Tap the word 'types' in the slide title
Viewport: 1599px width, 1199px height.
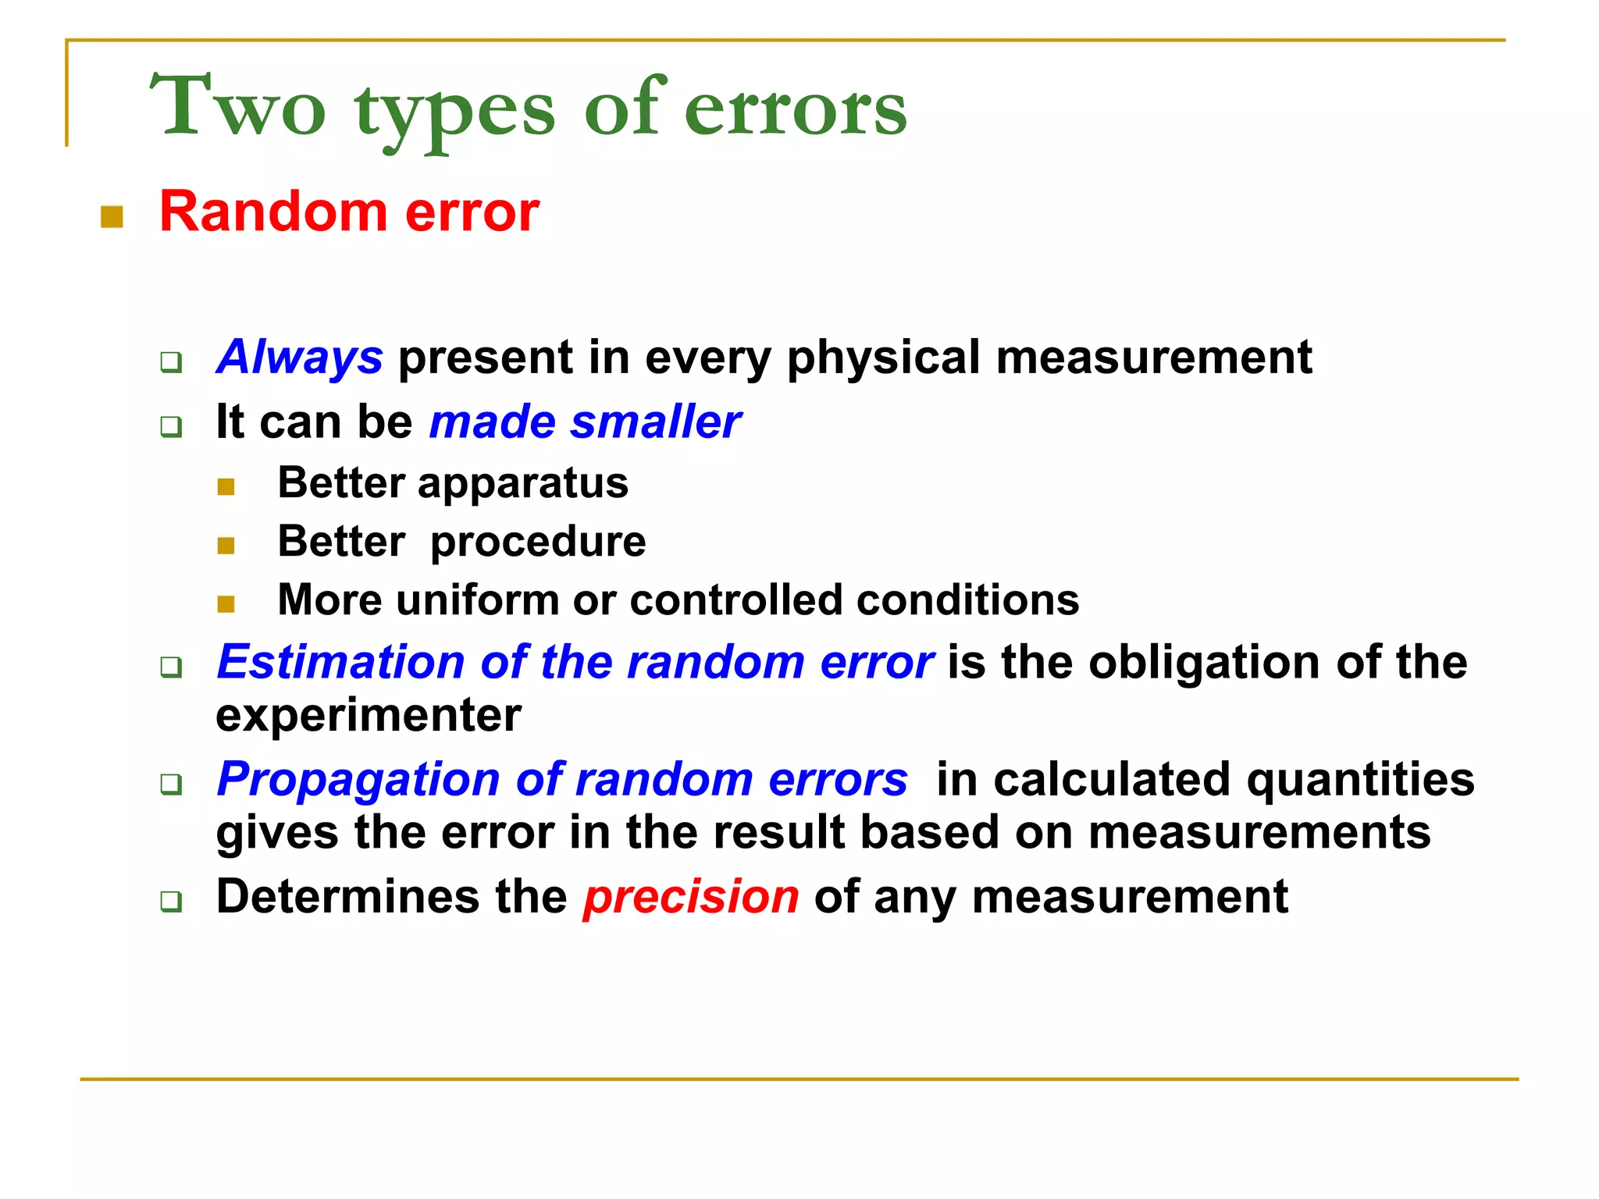(x=455, y=113)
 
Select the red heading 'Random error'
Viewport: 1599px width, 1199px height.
(x=349, y=212)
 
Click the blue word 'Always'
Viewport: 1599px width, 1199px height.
(x=300, y=358)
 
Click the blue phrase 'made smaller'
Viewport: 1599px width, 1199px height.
(x=585, y=422)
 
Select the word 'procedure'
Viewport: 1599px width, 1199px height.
(x=538, y=542)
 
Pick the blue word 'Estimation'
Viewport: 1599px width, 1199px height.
(x=341, y=663)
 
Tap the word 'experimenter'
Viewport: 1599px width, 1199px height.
(x=369, y=716)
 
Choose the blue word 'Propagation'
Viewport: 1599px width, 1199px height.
(x=358, y=780)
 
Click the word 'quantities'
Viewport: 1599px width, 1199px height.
(x=1361, y=780)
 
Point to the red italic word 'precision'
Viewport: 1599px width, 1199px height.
(x=691, y=897)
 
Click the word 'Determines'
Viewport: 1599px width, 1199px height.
(x=347, y=896)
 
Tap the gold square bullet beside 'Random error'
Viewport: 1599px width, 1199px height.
(x=112, y=217)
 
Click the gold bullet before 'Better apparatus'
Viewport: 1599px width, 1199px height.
(x=226, y=488)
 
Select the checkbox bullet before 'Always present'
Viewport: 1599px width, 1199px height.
(x=171, y=363)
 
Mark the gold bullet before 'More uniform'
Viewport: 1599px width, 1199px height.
(x=226, y=604)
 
